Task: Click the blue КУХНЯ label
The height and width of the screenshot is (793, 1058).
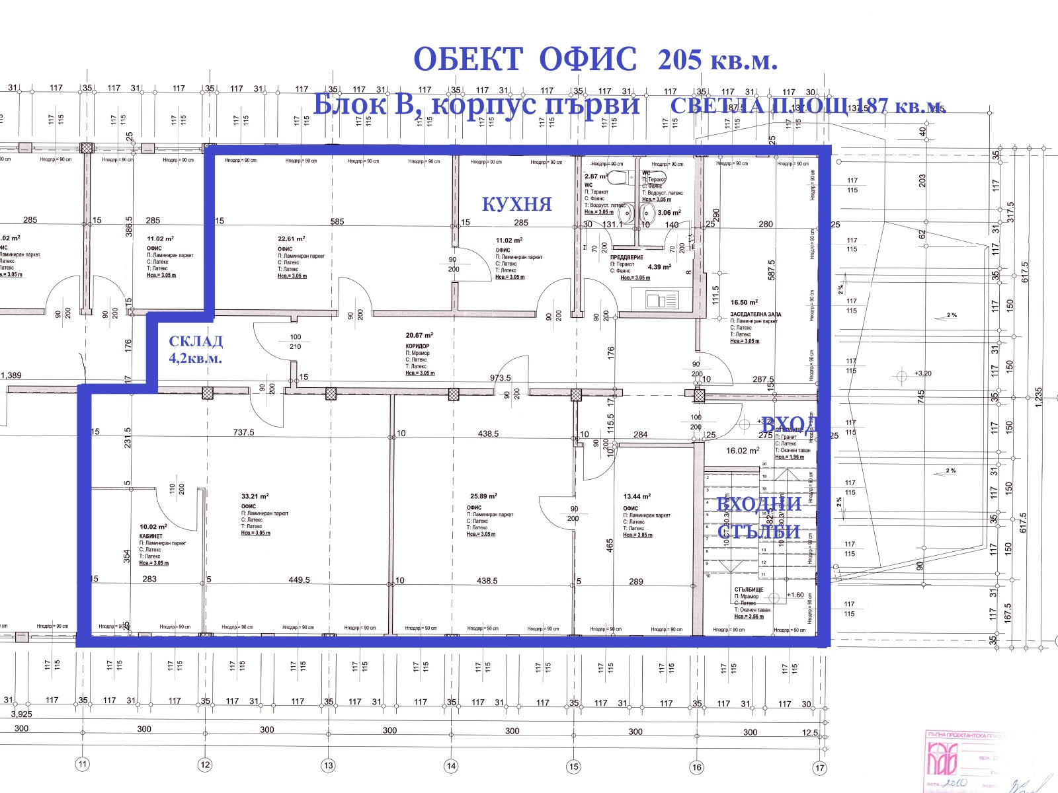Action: click(x=516, y=204)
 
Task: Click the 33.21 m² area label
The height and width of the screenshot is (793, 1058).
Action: click(x=255, y=496)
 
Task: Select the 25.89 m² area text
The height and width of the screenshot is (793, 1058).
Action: click(x=483, y=496)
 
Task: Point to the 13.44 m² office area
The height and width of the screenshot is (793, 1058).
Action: click(x=637, y=496)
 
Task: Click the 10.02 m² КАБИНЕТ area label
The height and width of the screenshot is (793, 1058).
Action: click(x=153, y=527)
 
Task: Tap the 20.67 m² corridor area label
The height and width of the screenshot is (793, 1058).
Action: click(x=419, y=336)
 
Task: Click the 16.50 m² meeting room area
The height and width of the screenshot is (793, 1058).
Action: click(x=744, y=303)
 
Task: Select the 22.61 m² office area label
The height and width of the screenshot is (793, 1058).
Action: click(x=291, y=239)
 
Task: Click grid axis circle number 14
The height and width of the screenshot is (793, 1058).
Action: click(x=451, y=767)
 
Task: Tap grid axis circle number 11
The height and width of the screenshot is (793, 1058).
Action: click(x=82, y=765)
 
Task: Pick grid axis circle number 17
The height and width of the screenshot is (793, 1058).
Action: click(x=820, y=768)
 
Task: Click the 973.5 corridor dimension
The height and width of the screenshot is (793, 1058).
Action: click(x=501, y=378)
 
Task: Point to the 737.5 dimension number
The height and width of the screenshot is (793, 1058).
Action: click(x=243, y=432)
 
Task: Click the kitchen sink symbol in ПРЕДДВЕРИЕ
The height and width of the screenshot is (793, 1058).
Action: click(x=662, y=301)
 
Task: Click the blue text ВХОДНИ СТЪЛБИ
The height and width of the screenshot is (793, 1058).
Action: click(x=759, y=517)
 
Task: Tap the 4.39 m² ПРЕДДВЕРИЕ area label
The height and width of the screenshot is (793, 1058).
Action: click(x=659, y=267)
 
